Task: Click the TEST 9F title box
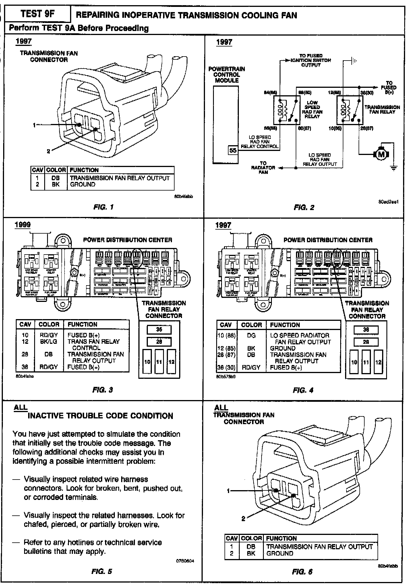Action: (x=37, y=14)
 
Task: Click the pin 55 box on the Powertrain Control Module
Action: (x=233, y=150)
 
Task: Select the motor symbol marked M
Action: (x=381, y=155)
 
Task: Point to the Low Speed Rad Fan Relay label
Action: (x=312, y=109)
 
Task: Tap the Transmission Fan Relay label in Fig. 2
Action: (x=382, y=109)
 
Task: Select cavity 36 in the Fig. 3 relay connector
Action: (x=159, y=329)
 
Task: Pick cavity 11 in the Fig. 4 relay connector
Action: (x=366, y=362)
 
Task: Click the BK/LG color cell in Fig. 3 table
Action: (x=49, y=341)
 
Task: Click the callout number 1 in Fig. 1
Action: (x=34, y=125)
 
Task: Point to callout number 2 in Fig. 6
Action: (x=243, y=519)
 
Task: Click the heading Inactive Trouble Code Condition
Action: (x=100, y=416)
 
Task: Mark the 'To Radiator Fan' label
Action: (x=263, y=168)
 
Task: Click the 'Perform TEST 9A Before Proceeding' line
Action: (x=79, y=28)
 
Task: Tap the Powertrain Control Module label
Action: (x=227, y=75)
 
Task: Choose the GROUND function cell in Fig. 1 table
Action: (x=83, y=185)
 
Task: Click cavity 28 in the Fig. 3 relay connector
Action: (x=159, y=342)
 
